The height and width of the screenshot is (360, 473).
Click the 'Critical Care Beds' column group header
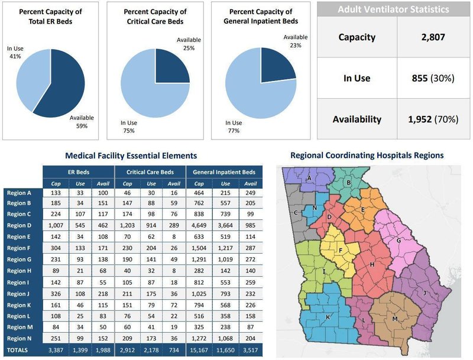150,172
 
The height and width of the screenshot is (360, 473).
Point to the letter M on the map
395,319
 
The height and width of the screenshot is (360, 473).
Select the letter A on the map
309,177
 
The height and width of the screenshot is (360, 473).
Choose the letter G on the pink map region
399,240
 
